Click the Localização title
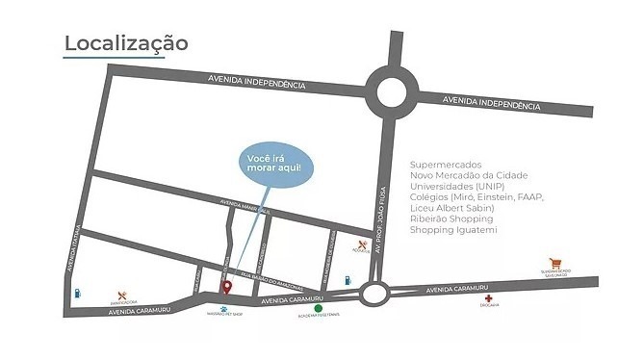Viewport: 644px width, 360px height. tap(126, 43)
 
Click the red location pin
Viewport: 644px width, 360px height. tap(227, 286)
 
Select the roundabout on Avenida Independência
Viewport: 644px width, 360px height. tap(394, 92)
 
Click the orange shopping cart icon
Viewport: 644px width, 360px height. tap(554, 262)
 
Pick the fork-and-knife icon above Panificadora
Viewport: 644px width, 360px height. tap(122, 295)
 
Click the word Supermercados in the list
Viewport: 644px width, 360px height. tap(445, 165)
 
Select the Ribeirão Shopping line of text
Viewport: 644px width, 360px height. tap(449, 219)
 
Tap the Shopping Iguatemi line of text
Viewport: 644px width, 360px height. tap(450, 230)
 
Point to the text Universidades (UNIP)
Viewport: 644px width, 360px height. tap(457, 186)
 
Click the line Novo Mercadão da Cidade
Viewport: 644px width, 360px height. tap(469, 175)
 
